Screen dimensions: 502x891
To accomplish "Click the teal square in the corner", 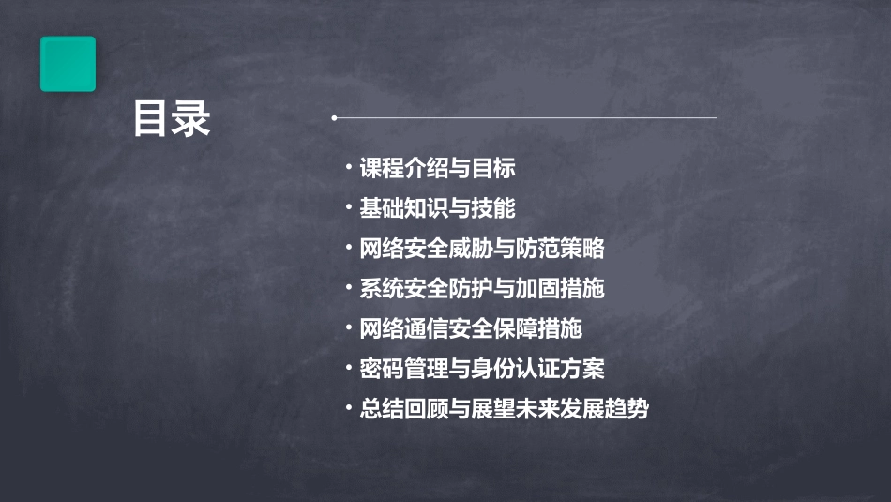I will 68,64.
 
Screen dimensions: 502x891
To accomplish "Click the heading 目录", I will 172,119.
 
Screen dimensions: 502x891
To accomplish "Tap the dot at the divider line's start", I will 334,118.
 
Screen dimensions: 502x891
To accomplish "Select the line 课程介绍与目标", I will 437,169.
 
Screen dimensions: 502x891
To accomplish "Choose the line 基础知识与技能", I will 437,208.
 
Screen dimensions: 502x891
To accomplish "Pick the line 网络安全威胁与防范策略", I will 481,249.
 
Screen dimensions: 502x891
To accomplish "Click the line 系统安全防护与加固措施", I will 481,289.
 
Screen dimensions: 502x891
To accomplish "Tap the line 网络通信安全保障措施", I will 470,329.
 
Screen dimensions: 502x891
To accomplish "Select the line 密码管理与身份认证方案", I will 481,369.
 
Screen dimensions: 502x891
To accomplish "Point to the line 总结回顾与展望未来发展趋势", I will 504,409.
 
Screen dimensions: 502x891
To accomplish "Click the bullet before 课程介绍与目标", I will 349,168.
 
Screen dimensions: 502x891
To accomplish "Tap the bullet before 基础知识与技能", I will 349,207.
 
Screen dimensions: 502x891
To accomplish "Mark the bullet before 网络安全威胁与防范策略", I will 349,248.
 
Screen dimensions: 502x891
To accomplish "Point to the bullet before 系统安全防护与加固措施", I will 349,288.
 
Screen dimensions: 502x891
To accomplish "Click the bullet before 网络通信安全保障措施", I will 349,328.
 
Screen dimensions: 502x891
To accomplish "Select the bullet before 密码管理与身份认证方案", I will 349,368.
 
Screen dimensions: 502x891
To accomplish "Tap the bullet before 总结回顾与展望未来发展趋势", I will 349,408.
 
